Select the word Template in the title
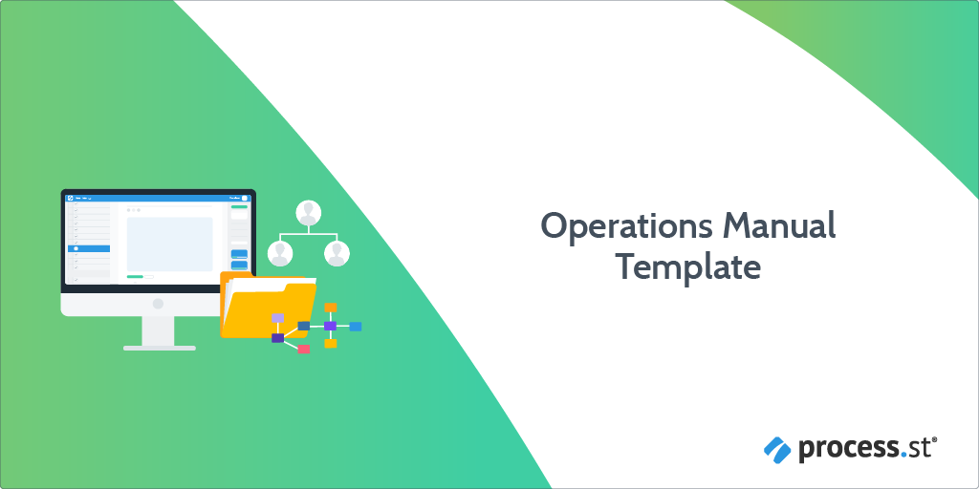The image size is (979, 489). (x=688, y=268)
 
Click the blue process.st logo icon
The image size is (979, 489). (x=777, y=450)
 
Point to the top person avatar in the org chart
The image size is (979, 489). (x=309, y=213)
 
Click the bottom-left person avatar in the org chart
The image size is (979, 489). (x=280, y=253)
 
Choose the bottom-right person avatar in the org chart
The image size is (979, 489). (x=337, y=253)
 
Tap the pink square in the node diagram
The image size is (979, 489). (x=303, y=350)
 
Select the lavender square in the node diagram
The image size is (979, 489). (x=278, y=318)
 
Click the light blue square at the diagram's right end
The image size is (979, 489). (x=356, y=327)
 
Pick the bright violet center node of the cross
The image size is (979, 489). (x=330, y=326)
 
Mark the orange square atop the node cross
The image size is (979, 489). (x=330, y=307)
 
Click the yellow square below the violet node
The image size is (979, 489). (x=330, y=344)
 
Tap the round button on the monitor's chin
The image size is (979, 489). (x=158, y=304)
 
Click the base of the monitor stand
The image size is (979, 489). (x=160, y=348)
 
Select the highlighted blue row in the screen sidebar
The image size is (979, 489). (x=89, y=248)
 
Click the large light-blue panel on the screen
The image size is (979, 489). (x=170, y=244)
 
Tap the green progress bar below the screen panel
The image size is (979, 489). (x=135, y=276)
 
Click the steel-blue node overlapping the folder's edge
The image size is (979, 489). (x=303, y=326)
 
